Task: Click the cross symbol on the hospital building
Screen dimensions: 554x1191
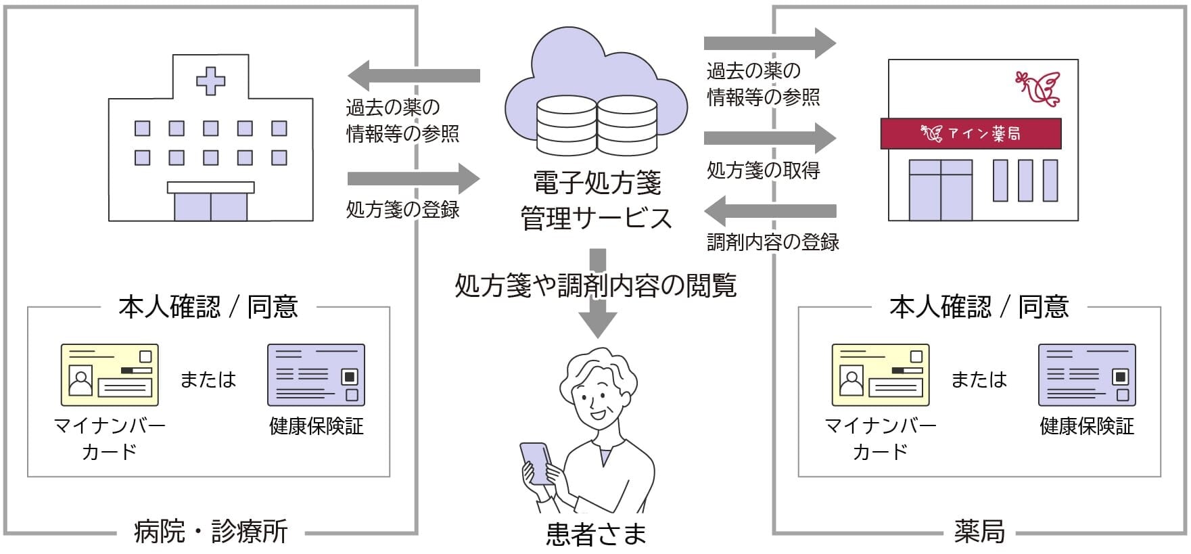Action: [x=210, y=80]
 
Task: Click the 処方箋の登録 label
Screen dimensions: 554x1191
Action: [x=402, y=210]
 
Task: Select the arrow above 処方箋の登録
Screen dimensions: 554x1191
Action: [x=413, y=179]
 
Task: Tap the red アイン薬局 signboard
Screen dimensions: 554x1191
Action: [x=971, y=134]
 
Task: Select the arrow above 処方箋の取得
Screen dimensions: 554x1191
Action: [x=770, y=138]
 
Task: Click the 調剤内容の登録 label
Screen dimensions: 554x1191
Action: [x=772, y=242]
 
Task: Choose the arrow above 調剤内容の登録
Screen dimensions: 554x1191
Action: [x=770, y=211]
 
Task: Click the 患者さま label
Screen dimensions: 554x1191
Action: [x=596, y=534]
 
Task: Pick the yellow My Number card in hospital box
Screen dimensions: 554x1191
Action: [x=110, y=375]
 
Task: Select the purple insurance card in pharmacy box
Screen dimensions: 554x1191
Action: [x=1086, y=375]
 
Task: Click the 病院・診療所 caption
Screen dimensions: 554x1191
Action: [x=210, y=532]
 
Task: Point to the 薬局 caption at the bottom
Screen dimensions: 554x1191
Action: [x=979, y=532]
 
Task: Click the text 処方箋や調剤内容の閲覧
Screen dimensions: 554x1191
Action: [x=596, y=286]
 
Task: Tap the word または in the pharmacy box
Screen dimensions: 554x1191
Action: [x=979, y=379]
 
